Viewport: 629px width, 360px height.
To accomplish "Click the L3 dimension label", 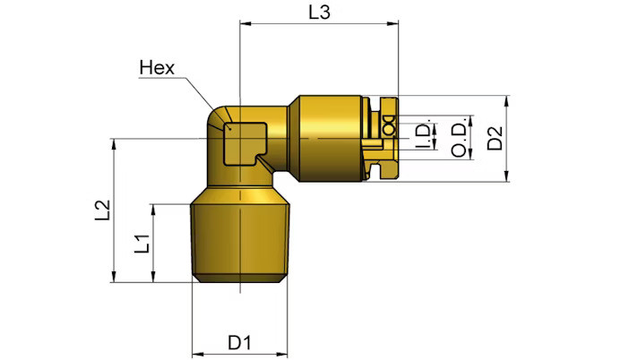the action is click(x=319, y=13).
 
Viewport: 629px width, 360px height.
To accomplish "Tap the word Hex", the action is click(x=157, y=68).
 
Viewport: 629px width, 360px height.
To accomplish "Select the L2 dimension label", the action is click(x=102, y=210).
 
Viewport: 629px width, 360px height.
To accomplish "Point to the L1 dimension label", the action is click(x=142, y=243).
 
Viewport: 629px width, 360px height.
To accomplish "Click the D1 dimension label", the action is click(x=239, y=343).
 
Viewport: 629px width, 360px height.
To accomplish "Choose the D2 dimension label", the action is click(x=495, y=138).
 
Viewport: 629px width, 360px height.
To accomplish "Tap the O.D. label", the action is click(x=460, y=137).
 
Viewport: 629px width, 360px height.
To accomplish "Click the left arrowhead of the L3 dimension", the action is click(x=245, y=23).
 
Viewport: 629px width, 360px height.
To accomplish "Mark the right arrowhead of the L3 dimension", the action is click(x=393, y=23).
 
